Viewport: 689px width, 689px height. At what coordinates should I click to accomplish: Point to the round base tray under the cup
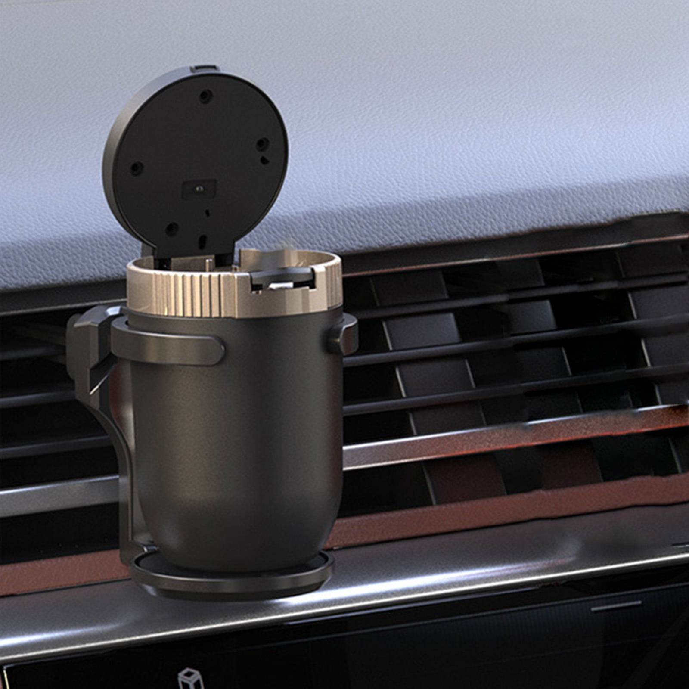pos(233,573)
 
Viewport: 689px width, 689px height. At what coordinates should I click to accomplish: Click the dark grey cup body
pos(241,431)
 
